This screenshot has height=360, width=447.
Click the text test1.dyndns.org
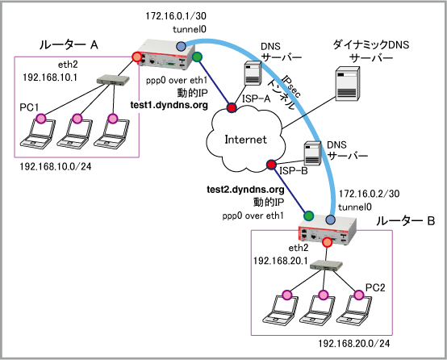(169, 105)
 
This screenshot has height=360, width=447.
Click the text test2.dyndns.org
(245, 190)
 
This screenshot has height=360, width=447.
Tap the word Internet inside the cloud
(246, 140)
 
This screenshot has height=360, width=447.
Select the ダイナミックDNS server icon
(347, 84)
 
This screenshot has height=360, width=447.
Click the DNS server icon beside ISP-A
(253, 73)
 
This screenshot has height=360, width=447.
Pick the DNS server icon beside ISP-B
(312, 153)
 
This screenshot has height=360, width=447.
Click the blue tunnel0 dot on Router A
(181, 46)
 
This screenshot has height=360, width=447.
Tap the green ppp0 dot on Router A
(197, 57)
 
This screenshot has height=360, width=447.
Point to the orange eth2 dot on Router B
(327, 242)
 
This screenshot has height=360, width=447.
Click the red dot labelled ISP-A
(232, 107)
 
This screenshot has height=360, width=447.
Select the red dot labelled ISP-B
(271, 165)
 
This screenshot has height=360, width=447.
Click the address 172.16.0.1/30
(176, 16)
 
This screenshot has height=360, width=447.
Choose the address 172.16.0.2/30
(369, 194)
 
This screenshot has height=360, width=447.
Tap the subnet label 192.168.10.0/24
(56, 166)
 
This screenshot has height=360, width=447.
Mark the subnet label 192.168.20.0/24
(353, 344)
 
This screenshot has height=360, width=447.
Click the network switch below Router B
(326, 266)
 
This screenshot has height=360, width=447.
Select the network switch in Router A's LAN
(113, 80)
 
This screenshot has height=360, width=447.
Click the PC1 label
(29, 107)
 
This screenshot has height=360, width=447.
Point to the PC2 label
(375, 288)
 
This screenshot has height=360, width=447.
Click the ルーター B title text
(405, 221)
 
